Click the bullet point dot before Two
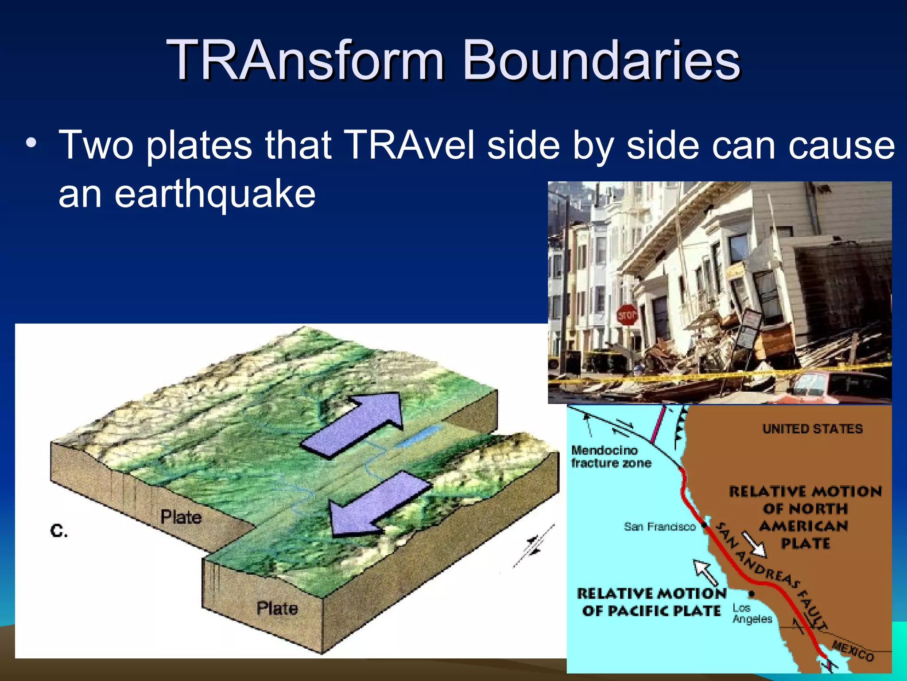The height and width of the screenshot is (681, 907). click(x=31, y=143)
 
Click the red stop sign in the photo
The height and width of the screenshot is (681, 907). click(x=627, y=315)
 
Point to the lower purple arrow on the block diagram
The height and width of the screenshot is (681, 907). click(x=379, y=503)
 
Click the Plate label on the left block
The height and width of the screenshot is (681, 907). click(x=181, y=517)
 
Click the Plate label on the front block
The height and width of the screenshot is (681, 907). click(x=277, y=608)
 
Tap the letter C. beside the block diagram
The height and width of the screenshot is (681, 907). click(x=59, y=531)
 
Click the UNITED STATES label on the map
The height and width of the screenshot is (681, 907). click(x=812, y=429)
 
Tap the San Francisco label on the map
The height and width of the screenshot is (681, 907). click(x=659, y=527)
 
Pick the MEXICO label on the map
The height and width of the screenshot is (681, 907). click(x=853, y=651)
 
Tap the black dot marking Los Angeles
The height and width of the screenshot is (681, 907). click(x=752, y=594)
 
